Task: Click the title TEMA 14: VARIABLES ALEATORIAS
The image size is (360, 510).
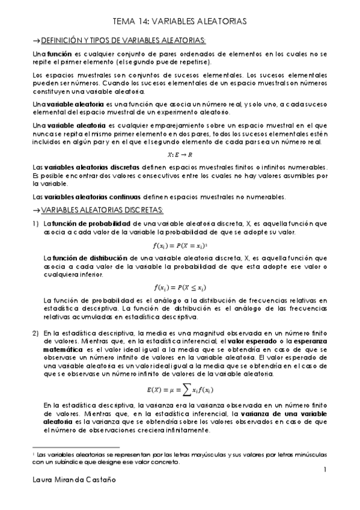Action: (x=180, y=22)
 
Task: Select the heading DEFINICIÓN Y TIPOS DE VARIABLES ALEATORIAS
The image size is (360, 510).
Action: (x=123, y=40)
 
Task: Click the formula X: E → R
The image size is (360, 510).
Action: (x=180, y=155)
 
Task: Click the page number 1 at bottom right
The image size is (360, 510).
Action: (x=324, y=469)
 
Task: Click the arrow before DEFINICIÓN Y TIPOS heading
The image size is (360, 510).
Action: (x=35, y=40)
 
